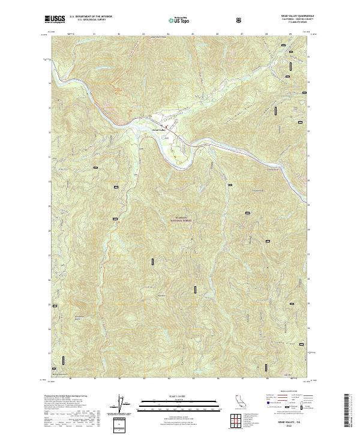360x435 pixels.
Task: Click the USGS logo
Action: (x=55, y=20)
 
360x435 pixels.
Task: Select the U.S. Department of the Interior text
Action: (x=91, y=17)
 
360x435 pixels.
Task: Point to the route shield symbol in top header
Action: (x=240, y=20)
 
